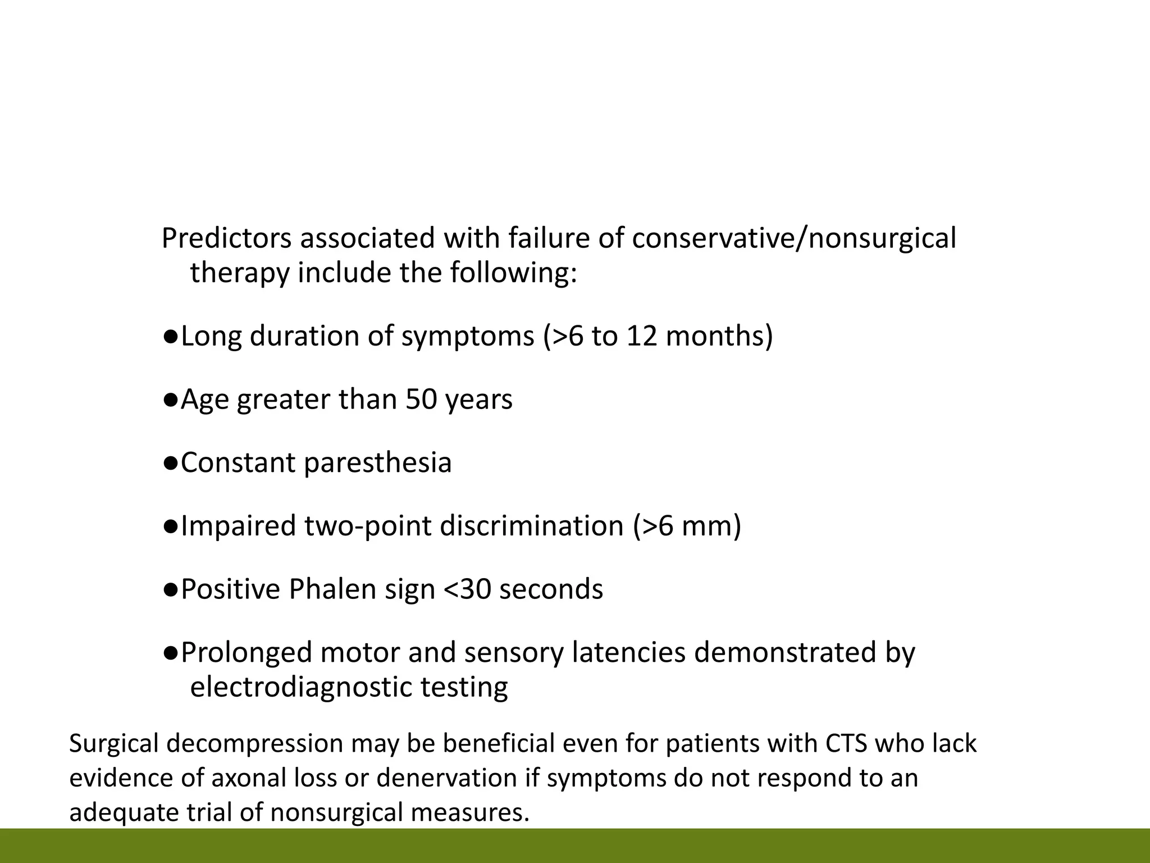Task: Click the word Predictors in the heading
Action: click(226, 238)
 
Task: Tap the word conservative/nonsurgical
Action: click(793, 238)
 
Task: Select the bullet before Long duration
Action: click(171, 337)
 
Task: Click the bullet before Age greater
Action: click(171, 400)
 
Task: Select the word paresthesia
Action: click(378, 463)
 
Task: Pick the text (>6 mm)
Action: click(687, 526)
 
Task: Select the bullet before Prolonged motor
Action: click(171, 653)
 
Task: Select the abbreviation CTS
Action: click(846, 743)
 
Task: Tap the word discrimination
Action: click(531, 526)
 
